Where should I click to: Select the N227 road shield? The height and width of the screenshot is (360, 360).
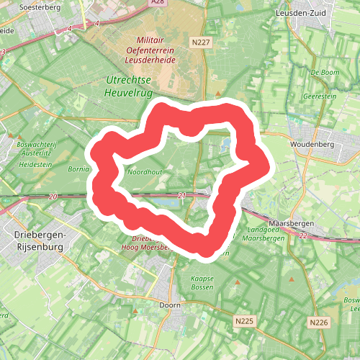click(201, 44)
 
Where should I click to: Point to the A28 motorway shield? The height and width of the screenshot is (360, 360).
click(158, 3)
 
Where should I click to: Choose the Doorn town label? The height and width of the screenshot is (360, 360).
click(169, 305)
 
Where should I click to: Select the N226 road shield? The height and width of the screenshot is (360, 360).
click(318, 321)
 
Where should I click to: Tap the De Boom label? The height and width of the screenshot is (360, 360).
click(324, 73)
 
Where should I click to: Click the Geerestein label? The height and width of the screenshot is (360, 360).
click(320, 95)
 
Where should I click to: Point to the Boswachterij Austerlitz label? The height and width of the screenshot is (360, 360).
click(36, 148)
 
